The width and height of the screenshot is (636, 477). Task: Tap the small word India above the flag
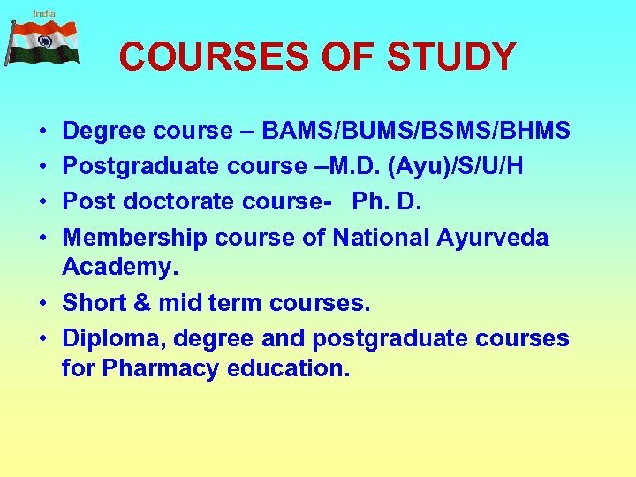click(44, 13)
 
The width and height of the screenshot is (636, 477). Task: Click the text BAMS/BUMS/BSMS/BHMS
click(416, 132)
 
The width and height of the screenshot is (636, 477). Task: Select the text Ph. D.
click(387, 201)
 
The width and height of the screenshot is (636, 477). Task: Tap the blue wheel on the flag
click(44, 42)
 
